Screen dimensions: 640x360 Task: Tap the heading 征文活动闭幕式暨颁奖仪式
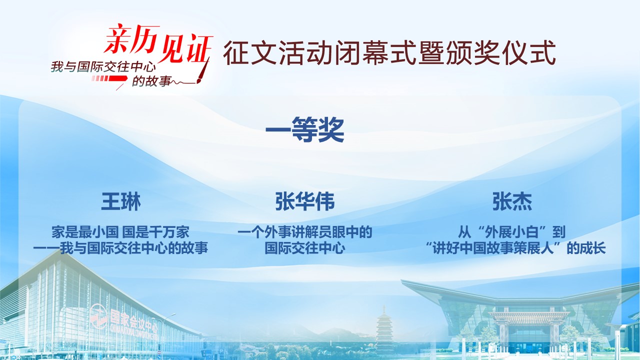tap(389, 53)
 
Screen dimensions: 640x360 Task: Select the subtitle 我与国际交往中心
tap(103, 67)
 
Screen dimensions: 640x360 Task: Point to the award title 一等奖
tap(304, 129)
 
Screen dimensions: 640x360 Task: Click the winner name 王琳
tap(121, 201)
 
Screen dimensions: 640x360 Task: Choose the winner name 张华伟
tap(304, 201)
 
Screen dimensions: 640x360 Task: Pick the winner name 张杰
tap(512, 201)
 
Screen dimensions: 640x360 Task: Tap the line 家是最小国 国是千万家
tap(120, 232)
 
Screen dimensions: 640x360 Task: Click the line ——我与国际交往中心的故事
tap(120, 248)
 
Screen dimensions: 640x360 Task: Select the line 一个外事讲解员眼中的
tap(304, 232)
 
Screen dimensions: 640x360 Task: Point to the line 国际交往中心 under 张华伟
tap(304, 248)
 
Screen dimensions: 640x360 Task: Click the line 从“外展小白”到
tap(511, 232)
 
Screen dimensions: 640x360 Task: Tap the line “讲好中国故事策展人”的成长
tap(515, 248)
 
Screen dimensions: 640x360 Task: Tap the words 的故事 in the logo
tap(151, 81)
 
